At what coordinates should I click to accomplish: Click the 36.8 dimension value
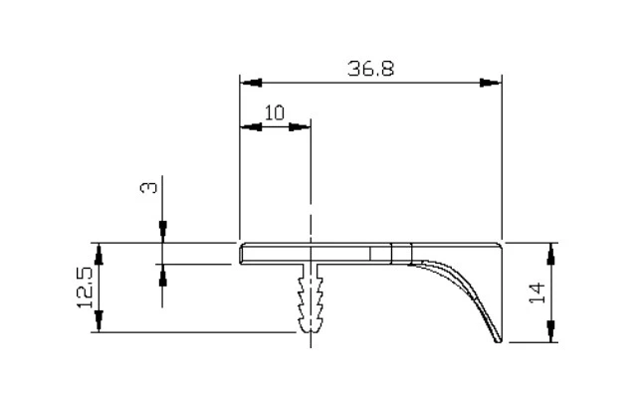pos(371,69)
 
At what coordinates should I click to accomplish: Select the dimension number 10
pos(275,112)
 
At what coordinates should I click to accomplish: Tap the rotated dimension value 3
pos(148,188)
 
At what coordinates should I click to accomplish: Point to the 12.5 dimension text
pos(85,288)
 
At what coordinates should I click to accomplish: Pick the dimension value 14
pos(537,293)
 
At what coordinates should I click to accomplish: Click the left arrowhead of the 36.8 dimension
pos(251,83)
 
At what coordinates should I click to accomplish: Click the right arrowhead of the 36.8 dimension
pos(491,83)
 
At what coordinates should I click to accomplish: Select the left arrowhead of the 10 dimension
pos(251,127)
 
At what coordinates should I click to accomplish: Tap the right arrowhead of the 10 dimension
pos(300,127)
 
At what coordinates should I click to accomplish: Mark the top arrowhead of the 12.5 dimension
pos(99,254)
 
